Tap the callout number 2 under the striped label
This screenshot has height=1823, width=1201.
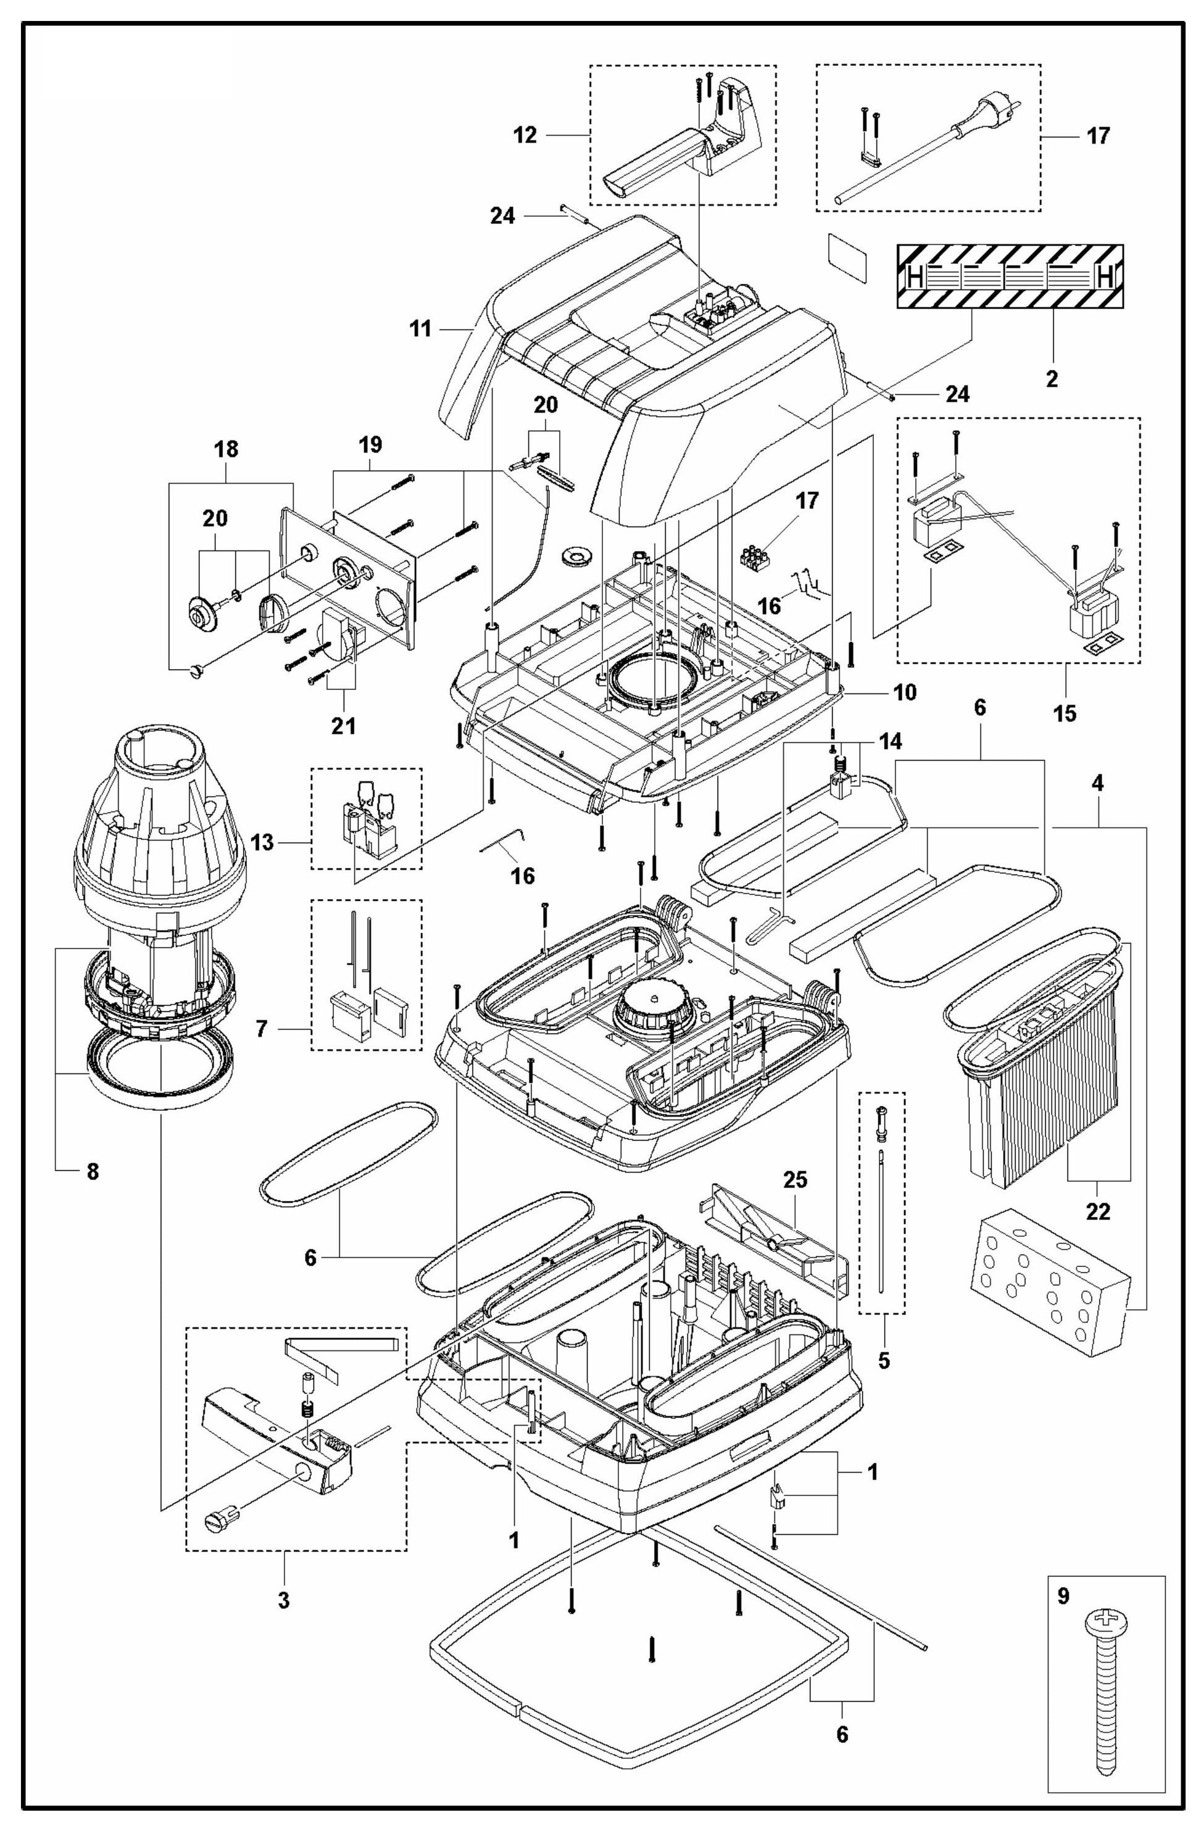click(x=1052, y=378)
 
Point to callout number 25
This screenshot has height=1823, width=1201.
click(x=795, y=1181)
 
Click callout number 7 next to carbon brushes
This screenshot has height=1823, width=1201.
click(x=262, y=1029)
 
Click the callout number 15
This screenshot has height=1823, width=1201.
click(x=1065, y=713)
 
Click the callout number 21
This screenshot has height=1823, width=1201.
click(x=343, y=725)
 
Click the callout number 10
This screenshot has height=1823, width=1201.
click(x=905, y=692)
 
